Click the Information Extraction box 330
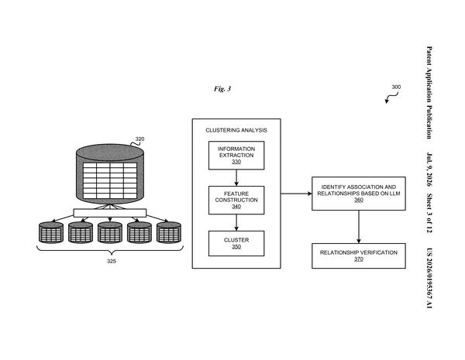(x=236, y=156)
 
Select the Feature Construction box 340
(x=236, y=200)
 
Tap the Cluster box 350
(x=236, y=243)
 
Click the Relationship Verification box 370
(x=359, y=255)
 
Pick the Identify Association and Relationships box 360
(x=359, y=194)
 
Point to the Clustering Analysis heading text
(x=236, y=130)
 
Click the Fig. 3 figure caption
(x=222, y=88)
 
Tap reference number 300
(x=396, y=87)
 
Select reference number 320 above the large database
(x=139, y=139)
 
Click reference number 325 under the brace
(x=112, y=261)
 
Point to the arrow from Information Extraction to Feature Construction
(x=236, y=178)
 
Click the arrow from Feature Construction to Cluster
(x=236, y=222)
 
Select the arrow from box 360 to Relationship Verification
(x=359, y=227)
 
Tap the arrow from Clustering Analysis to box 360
(x=296, y=194)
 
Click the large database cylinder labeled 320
(x=110, y=174)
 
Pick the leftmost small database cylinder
(x=51, y=232)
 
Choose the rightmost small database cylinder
(x=169, y=232)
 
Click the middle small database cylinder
(x=110, y=232)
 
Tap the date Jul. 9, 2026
(x=429, y=170)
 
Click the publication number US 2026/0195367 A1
(x=429, y=278)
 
